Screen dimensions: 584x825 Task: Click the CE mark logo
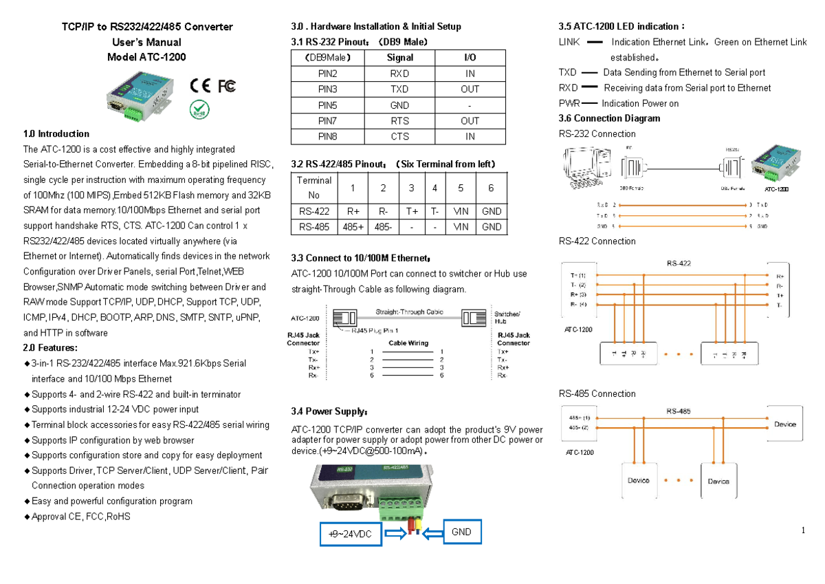[x=200, y=86]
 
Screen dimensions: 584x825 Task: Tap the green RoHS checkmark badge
[x=199, y=109]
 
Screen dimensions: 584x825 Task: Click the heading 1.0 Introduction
[x=56, y=133]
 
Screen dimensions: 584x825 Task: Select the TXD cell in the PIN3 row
[x=399, y=89]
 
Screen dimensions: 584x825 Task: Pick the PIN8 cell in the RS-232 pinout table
[x=327, y=137]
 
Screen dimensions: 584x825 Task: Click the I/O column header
[x=470, y=58]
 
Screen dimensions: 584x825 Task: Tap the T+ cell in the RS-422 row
[x=412, y=211]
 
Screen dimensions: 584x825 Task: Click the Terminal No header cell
[x=314, y=188]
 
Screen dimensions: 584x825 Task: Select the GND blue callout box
[x=461, y=532]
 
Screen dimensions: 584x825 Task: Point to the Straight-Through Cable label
[x=409, y=312]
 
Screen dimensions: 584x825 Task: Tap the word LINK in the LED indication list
[x=570, y=42]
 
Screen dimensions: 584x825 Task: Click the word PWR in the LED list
[x=569, y=103]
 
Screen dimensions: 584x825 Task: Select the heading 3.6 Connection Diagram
[x=609, y=118]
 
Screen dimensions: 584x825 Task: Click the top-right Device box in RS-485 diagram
[x=784, y=424]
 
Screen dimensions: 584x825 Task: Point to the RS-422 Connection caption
[x=597, y=241]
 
